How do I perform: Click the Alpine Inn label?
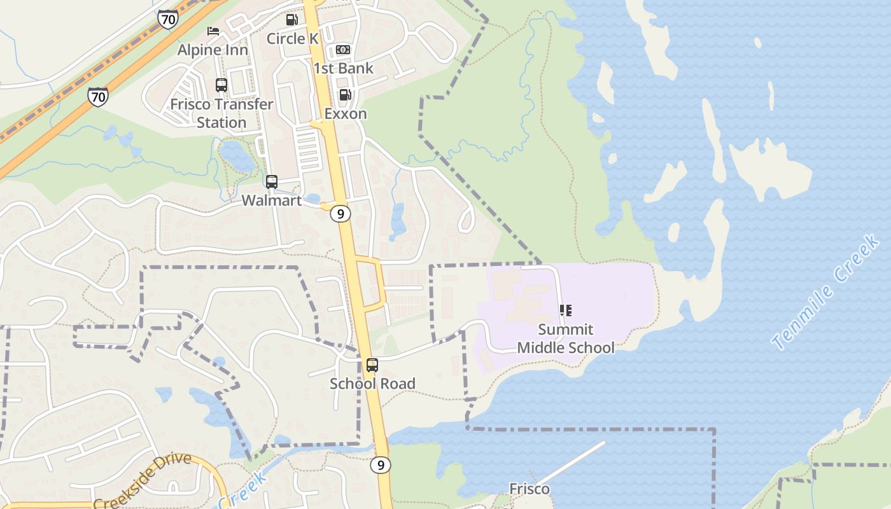point(213,50)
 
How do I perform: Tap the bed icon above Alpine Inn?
point(213,31)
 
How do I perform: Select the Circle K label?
point(292,39)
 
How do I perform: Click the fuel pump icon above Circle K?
point(292,20)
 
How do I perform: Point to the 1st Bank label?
point(343,68)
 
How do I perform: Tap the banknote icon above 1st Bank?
point(343,50)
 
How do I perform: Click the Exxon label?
point(346,114)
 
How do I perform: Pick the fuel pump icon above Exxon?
point(346,95)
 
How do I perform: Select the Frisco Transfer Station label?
point(221,113)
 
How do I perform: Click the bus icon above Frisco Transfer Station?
point(221,85)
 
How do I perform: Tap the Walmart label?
point(272,200)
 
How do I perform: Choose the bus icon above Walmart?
point(272,182)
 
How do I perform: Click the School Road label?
point(372,384)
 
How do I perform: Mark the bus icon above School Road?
point(372,365)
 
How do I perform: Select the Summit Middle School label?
point(566,338)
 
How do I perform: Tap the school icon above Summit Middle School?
point(565,310)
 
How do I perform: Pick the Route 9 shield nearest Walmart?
point(340,214)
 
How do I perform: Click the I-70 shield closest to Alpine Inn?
point(168,20)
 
